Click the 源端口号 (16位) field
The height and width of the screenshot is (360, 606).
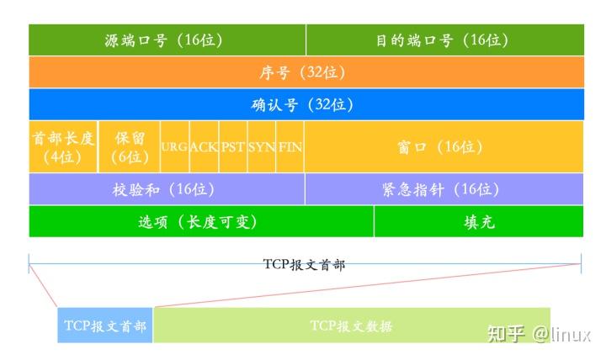[167, 40]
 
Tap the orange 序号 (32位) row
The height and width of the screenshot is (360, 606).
[306, 72]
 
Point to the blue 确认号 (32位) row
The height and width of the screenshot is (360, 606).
[306, 104]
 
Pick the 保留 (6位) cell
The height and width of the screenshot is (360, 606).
[130, 146]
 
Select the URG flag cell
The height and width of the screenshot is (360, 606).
[174, 146]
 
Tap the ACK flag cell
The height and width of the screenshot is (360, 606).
[204, 146]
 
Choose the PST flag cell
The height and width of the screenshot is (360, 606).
[233, 146]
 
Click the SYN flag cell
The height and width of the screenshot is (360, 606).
[262, 146]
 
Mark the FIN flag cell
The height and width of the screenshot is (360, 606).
[290, 146]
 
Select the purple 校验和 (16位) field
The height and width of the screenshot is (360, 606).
[167, 189]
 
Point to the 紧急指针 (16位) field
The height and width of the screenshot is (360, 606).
[444, 189]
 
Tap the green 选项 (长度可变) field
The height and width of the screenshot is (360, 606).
[200, 221]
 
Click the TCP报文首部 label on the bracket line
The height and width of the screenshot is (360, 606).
[305, 264]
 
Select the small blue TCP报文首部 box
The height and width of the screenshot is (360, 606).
[105, 326]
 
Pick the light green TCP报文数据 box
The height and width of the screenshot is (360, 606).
[351, 326]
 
